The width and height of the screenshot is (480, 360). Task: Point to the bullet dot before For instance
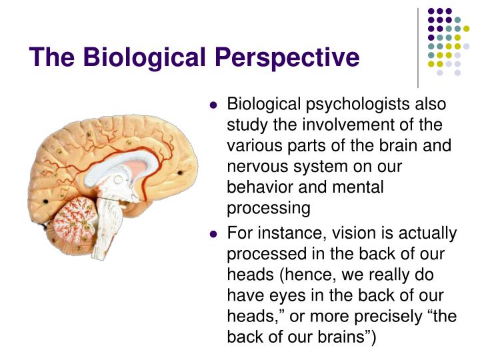(x=213, y=235)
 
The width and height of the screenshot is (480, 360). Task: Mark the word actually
(x=426, y=234)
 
